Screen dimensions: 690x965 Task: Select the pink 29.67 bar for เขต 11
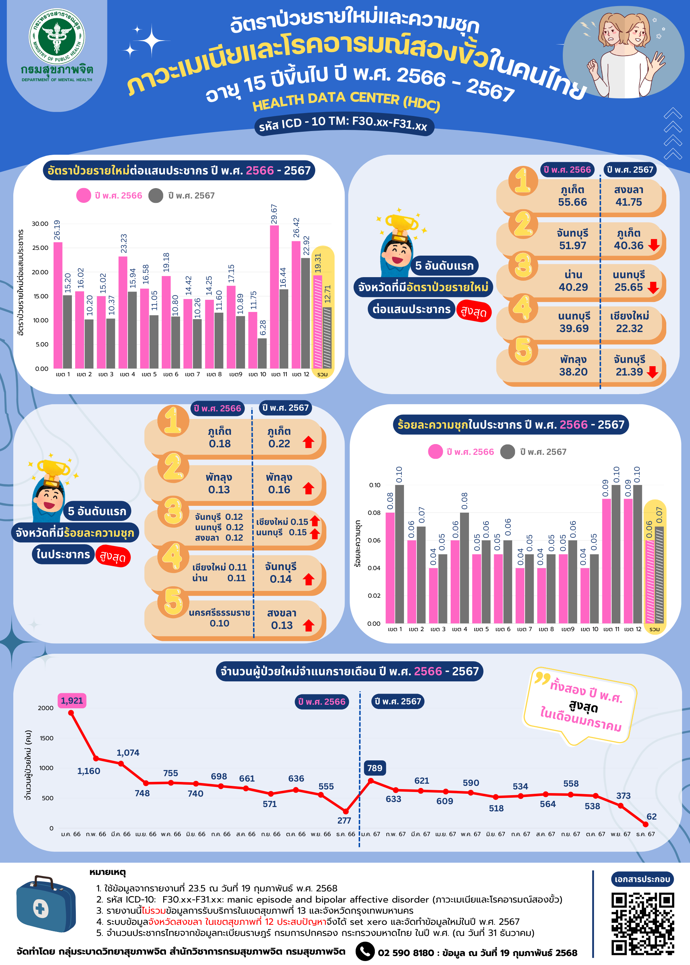pyautogui.click(x=275, y=297)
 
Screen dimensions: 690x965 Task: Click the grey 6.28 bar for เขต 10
pyautogui.click(x=262, y=353)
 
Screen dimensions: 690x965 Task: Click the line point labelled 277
pyautogui.click(x=346, y=811)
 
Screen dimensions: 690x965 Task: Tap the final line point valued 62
pyautogui.click(x=645, y=824)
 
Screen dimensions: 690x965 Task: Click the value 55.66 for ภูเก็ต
pyautogui.click(x=572, y=202)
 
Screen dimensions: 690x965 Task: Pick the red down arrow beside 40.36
pyautogui.click(x=654, y=245)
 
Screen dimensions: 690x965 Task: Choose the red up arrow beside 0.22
pyautogui.click(x=308, y=442)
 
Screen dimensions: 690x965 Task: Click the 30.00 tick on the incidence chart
pyautogui.click(x=40, y=224)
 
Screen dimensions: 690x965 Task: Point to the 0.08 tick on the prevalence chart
pyautogui.click(x=374, y=513)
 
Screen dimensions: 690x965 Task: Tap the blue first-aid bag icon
pyautogui.click(x=46, y=904)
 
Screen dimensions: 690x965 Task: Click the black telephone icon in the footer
pyautogui.click(x=364, y=951)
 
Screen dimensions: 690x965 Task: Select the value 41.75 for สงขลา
pyautogui.click(x=629, y=202)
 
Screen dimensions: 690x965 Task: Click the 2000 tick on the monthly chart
pyautogui.click(x=46, y=708)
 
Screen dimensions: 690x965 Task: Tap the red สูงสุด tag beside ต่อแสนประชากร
pyautogui.click(x=474, y=312)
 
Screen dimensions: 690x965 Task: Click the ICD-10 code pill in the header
pyautogui.click(x=343, y=123)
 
